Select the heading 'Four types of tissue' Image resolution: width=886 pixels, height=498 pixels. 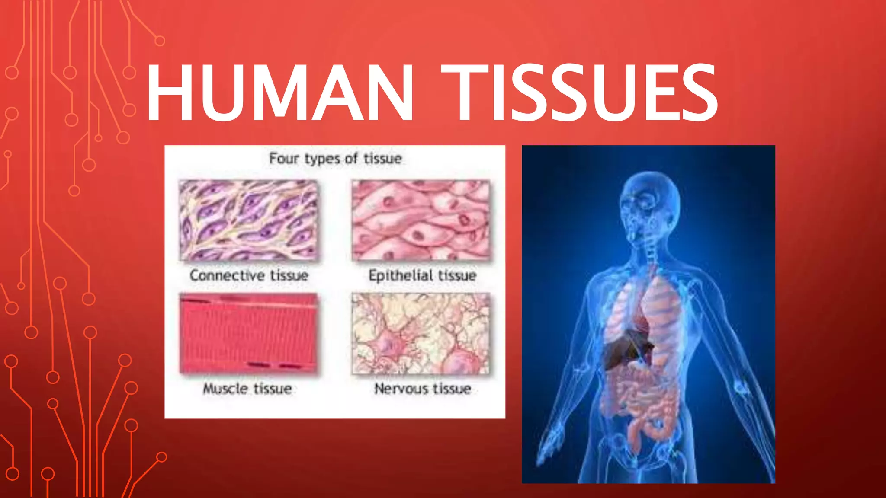click(335, 159)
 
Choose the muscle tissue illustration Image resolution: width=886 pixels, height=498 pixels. click(249, 333)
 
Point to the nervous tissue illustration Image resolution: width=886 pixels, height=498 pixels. click(421, 333)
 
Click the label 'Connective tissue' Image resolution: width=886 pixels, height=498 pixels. click(249, 275)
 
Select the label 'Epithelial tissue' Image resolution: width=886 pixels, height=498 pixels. click(422, 275)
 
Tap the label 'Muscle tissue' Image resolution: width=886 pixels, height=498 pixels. click(247, 389)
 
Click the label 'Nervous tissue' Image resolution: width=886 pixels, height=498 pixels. click(422, 389)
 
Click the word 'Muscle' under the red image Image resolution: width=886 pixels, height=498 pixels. click(225, 389)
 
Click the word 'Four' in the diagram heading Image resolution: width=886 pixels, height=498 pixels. click(284, 159)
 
